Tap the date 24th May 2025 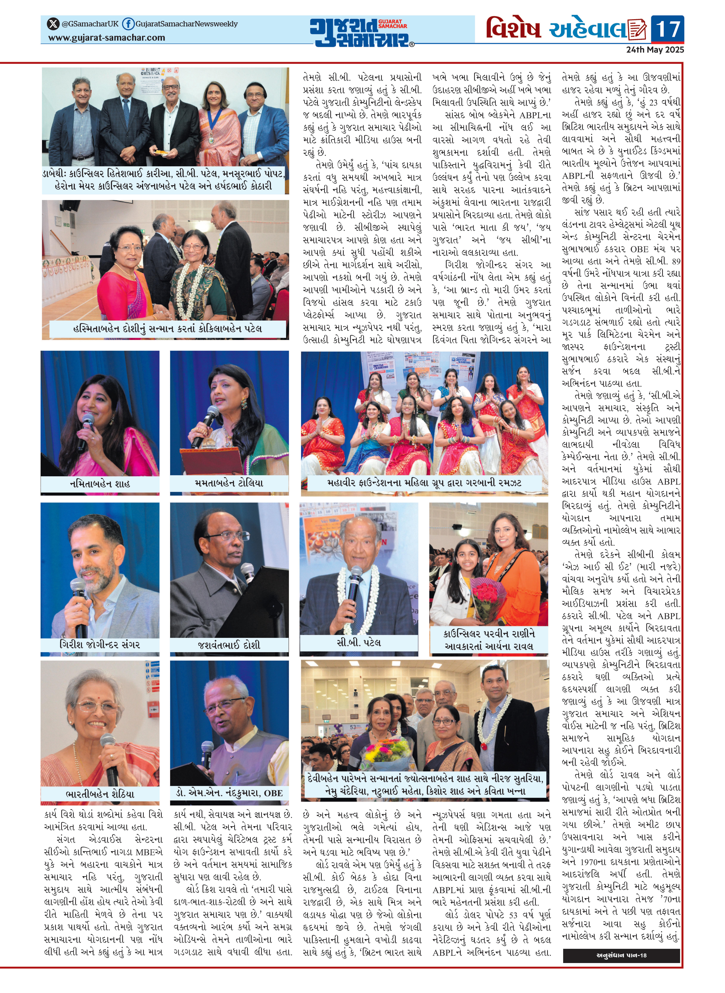pos(655,50)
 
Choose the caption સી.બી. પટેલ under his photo pos(359,642)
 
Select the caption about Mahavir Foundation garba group pos(424,483)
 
